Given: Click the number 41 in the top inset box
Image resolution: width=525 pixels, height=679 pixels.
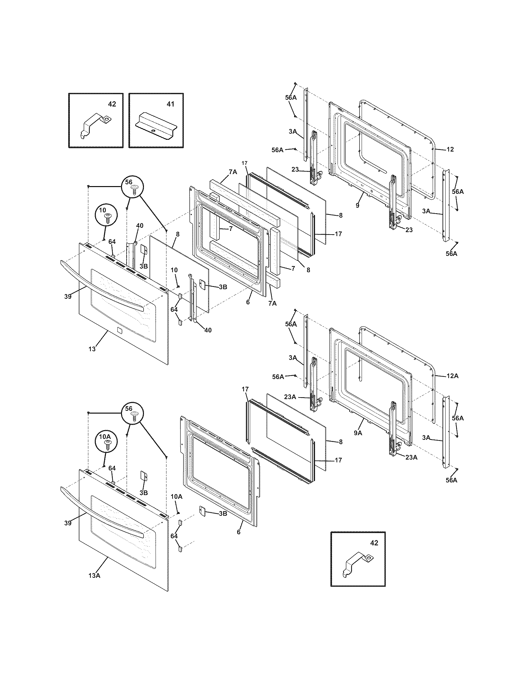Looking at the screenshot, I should [x=170, y=104].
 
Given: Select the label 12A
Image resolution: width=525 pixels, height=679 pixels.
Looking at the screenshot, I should [x=452, y=376].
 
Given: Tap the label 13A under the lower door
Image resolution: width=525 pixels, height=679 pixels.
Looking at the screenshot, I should [x=94, y=576].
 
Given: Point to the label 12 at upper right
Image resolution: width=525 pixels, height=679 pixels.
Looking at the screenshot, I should [x=450, y=149].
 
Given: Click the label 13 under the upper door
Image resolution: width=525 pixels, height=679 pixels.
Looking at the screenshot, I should [x=92, y=349].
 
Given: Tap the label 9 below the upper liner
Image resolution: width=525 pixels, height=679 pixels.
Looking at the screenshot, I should [x=357, y=206].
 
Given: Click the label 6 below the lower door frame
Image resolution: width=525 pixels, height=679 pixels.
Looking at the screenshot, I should [x=238, y=532].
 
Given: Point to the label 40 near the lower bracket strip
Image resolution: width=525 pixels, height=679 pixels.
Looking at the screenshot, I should [x=208, y=330].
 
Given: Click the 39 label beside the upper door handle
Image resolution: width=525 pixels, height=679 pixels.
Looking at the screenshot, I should [x=68, y=296].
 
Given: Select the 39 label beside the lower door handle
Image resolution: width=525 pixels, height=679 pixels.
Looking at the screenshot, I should [x=68, y=523].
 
